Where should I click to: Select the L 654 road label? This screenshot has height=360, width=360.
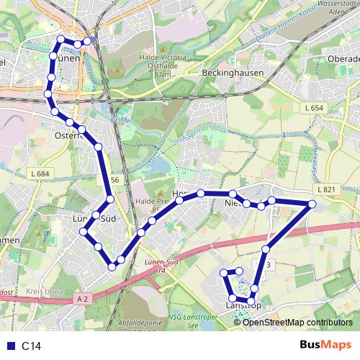point(314,107)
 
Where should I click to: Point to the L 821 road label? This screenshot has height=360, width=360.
point(325,189)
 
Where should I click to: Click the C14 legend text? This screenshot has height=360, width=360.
point(30,346)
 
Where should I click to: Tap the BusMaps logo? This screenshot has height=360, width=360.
point(325,345)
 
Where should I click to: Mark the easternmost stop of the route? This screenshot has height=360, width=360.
point(312,205)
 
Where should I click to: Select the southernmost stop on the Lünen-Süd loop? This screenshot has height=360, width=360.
point(112,267)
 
